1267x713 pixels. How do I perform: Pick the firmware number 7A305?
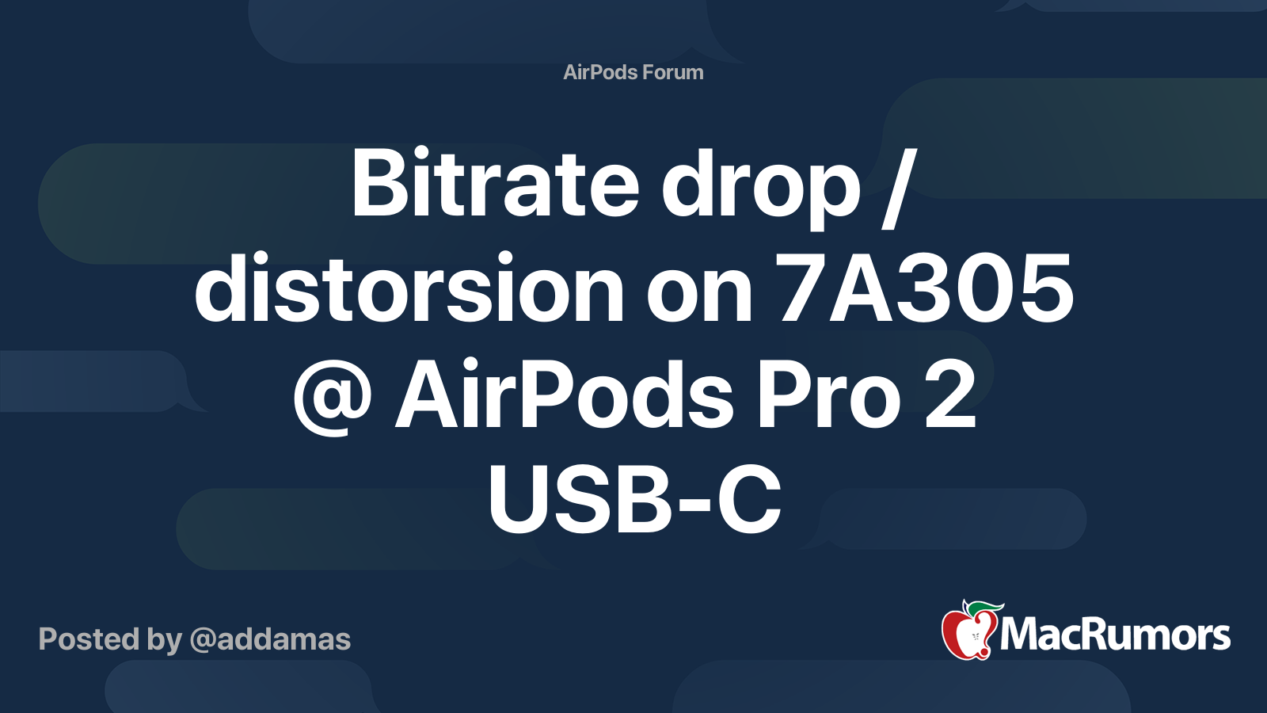(926, 290)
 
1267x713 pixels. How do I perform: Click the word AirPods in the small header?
(599, 72)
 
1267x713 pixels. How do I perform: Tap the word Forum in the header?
(673, 72)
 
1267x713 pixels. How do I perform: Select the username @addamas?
(270, 639)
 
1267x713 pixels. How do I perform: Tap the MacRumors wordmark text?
(1115, 635)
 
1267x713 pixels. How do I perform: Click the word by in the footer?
(165, 640)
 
